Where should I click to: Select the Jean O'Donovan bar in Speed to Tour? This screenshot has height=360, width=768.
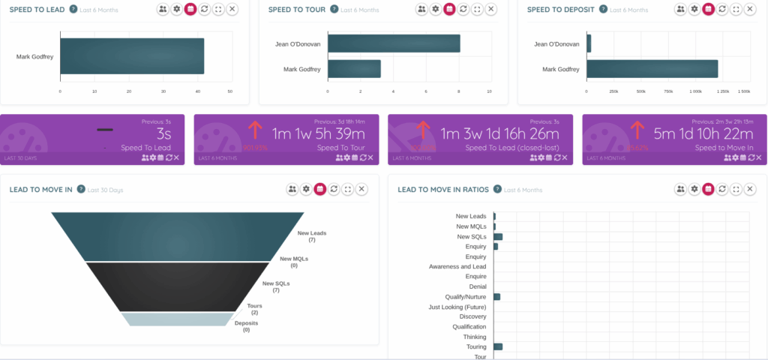coord(393,43)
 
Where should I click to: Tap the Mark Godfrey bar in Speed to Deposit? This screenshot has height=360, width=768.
coord(652,69)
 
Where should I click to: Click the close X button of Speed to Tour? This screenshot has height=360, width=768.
coord(490,9)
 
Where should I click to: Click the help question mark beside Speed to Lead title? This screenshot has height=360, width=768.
coord(73,9)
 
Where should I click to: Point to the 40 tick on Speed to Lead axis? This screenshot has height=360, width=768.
coord(196,91)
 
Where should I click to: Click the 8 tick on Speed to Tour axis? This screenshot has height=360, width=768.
coord(457,91)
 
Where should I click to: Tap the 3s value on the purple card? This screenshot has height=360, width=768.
coord(165,133)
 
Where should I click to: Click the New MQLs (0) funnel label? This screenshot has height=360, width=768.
coord(294,262)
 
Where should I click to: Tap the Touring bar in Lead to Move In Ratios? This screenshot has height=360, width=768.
coord(497,346)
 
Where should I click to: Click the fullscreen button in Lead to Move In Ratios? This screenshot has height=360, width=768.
coord(739,190)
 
